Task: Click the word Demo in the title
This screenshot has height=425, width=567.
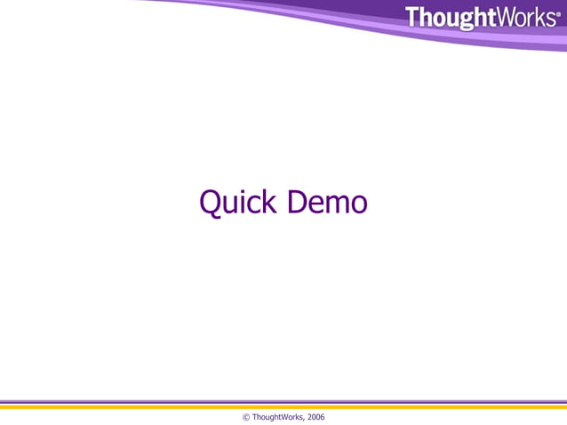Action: click(x=327, y=203)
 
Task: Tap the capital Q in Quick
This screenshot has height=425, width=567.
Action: click(x=211, y=203)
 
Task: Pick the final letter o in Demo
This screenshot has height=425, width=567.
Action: click(x=358, y=205)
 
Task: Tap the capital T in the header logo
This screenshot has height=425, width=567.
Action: click(x=414, y=17)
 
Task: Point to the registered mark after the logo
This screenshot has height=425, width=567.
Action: click(x=557, y=13)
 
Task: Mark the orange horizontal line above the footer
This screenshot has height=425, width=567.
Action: click(x=283, y=406)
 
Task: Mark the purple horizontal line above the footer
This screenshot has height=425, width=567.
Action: click(x=283, y=402)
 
